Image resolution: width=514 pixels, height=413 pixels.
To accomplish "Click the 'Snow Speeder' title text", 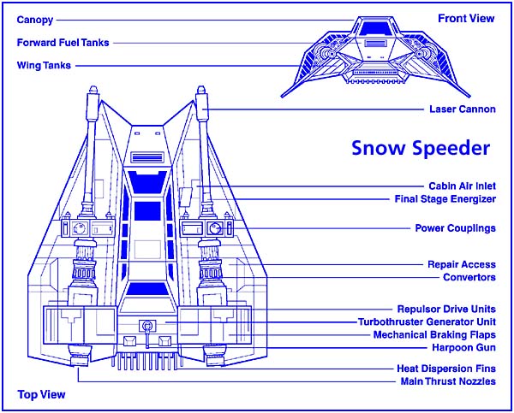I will (421, 147).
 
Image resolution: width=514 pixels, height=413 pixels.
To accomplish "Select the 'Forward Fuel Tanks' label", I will (63, 41).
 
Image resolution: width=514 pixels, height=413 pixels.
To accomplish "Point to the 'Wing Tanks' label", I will (44, 65).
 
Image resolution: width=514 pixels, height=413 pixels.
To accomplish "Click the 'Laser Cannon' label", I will (462, 109).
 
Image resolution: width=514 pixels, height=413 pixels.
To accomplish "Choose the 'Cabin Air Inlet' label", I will (461, 186).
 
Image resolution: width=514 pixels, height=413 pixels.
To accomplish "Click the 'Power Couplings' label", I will (455, 228).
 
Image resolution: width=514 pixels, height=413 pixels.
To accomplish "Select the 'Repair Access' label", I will (461, 264).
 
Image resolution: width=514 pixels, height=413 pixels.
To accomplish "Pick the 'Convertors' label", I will (469, 277).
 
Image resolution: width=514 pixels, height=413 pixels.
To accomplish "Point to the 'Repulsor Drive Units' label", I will (446, 309).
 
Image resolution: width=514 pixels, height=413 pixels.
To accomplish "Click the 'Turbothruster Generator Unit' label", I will (427, 322).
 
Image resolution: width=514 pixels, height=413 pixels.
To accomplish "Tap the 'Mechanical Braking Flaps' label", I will (434, 334).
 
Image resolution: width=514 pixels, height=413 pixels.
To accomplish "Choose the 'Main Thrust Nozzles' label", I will (447, 381).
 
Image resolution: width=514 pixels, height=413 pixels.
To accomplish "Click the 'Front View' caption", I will (466, 18).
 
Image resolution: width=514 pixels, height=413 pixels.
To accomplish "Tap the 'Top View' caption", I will (41, 395).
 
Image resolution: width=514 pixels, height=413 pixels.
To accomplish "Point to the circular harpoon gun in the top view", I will (146, 326).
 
